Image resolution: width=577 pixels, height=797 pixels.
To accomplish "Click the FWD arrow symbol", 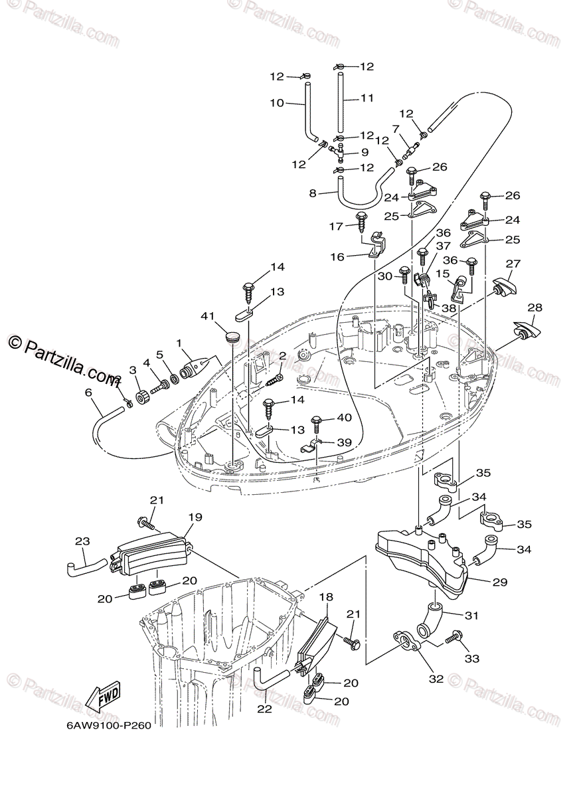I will [x=103, y=695].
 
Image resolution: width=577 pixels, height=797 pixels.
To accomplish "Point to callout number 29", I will [x=499, y=582].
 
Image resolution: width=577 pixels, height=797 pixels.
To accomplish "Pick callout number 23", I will [x=82, y=541].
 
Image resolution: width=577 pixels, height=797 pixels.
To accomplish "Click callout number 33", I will [x=472, y=659].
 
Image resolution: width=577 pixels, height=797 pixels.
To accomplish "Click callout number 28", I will [x=535, y=307].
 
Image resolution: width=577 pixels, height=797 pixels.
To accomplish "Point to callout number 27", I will [x=513, y=263].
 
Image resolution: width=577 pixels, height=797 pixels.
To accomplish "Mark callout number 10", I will [x=276, y=103].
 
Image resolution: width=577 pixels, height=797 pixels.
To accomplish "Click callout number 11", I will [x=367, y=98].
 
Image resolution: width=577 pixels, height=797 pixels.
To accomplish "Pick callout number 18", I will [x=325, y=598].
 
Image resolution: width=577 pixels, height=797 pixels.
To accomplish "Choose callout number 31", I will [x=471, y=615].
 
